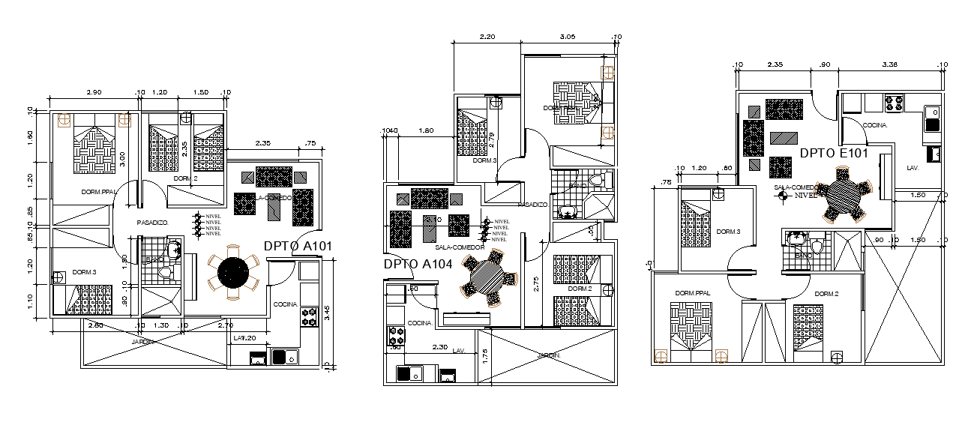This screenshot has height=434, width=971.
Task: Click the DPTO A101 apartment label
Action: (x=298, y=245)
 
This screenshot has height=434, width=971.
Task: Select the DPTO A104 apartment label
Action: (x=418, y=264)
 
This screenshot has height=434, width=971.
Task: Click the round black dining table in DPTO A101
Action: (x=232, y=271)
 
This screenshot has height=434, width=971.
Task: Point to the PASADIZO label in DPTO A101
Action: (x=152, y=223)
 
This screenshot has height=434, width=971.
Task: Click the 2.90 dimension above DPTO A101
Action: (x=94, y=91)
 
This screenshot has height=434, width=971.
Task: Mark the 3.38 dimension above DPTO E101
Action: (x=890, y=64)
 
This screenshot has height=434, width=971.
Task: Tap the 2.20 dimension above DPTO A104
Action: (x=487, y=37)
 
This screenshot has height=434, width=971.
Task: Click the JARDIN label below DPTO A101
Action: (x=142, y=342)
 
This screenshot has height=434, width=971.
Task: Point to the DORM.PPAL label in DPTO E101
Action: (x=692, y=293)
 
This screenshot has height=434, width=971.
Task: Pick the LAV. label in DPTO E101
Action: (x=913, y=167)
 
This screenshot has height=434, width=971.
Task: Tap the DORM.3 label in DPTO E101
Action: (x=727, y=232)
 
